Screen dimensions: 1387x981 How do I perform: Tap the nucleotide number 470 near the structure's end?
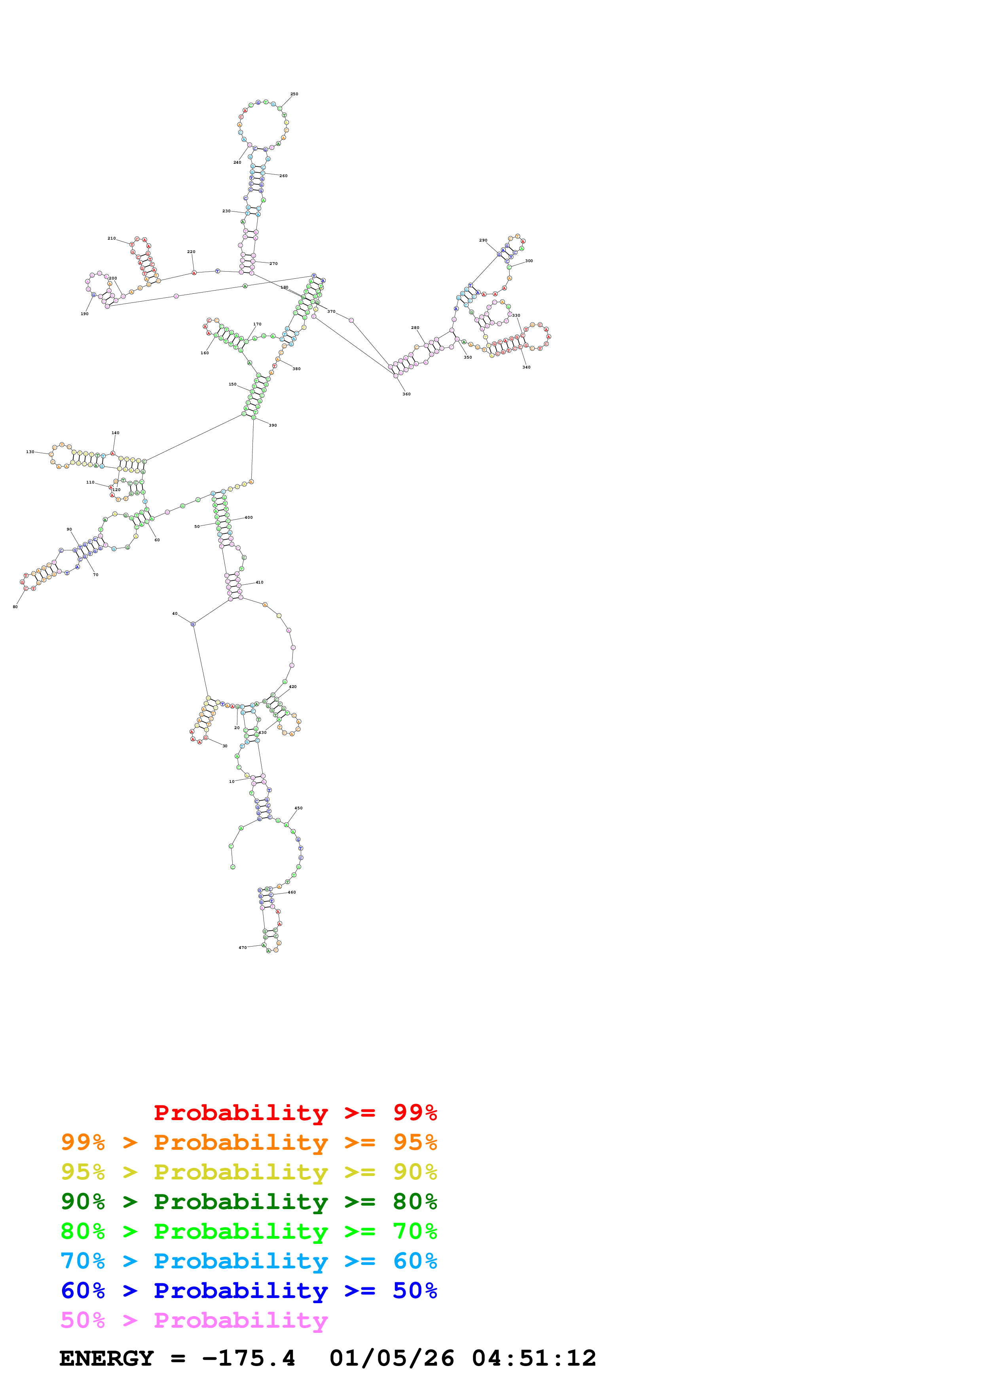242,947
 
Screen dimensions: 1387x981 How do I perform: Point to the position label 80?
15,607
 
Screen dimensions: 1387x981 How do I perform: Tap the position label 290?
483,240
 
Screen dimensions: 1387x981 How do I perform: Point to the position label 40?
175,614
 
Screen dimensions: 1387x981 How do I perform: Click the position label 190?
85,314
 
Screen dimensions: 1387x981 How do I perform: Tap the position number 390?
273,425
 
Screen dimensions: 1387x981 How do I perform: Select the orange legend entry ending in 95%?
249,1142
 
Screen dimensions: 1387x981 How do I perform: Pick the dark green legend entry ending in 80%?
249,1202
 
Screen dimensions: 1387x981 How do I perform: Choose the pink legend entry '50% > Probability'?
194,1320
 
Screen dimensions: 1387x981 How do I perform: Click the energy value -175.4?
249,1359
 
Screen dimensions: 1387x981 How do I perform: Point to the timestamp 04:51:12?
534,1359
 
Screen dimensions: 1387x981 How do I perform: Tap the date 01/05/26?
392,1359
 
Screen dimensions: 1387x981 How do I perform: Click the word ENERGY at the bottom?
106,1359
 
